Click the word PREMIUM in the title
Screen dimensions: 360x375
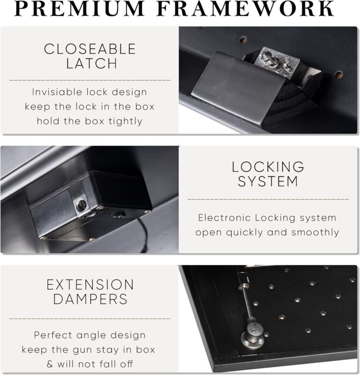tap(79, 8)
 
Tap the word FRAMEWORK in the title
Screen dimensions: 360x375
tap(246, 8)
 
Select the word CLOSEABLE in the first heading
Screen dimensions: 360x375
tap(90, 49)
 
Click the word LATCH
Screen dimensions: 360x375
tap(91, 63)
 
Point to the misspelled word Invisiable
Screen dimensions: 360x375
tap(57, 92)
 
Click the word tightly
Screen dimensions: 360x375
tap(126, 121)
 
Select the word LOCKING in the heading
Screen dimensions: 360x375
tap(268, 167)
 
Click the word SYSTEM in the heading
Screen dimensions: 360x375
tap(268, 181)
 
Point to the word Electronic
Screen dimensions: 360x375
tap(225, 218)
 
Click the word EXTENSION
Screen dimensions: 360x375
tap(90, 284)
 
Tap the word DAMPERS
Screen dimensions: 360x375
tap(90, 299)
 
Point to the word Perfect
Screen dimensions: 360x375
tap(53, 335)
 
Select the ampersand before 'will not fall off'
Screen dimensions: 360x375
tap(50, 364)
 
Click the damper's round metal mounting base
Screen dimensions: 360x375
tap(252, 338)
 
